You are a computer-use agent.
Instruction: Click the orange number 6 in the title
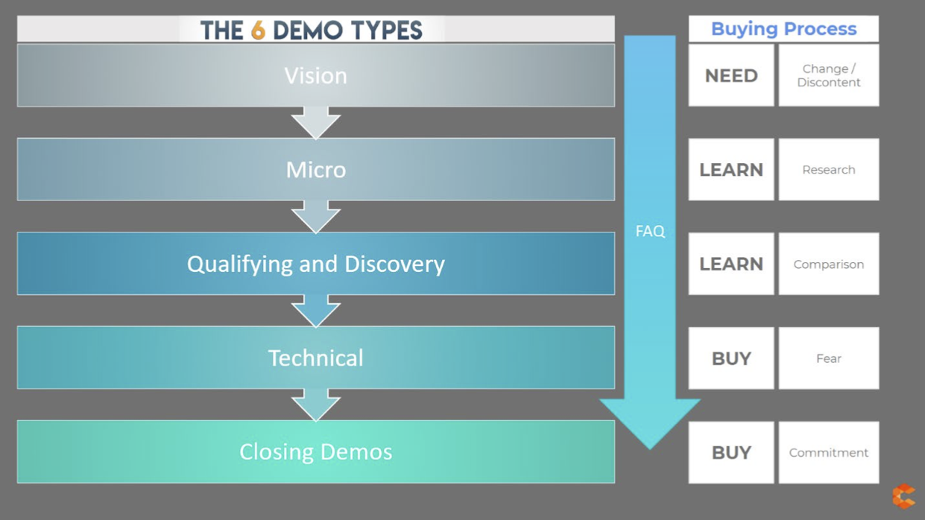(x=258, y=31)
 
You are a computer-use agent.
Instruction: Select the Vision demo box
(x=315, y=75)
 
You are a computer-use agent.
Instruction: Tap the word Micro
(x=316, y=170)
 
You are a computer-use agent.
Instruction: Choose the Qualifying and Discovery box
(x=315, y=264)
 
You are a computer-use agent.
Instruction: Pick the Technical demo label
(x=316, y=358)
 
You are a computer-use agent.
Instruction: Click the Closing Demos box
(x=315, y=451)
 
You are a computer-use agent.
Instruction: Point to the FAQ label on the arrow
(x=650, y=232)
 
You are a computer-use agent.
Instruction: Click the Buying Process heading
(x=783, y=29)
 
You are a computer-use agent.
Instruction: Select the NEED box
(x=731, y=75)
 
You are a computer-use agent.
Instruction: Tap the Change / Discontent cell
(x=829, y=75)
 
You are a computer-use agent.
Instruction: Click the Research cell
(x=829, y=170)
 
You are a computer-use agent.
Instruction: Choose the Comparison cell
(x=829, y=264)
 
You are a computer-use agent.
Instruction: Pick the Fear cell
(x=829, y=358)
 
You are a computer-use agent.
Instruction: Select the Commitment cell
(x=829, y=452)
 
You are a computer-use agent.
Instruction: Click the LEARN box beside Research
(x=731, y=170)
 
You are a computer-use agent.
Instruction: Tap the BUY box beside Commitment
(x=731, y=452)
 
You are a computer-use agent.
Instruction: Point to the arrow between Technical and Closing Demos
(x=316, y=405)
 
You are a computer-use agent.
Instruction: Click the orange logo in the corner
(x=903, y=496)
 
